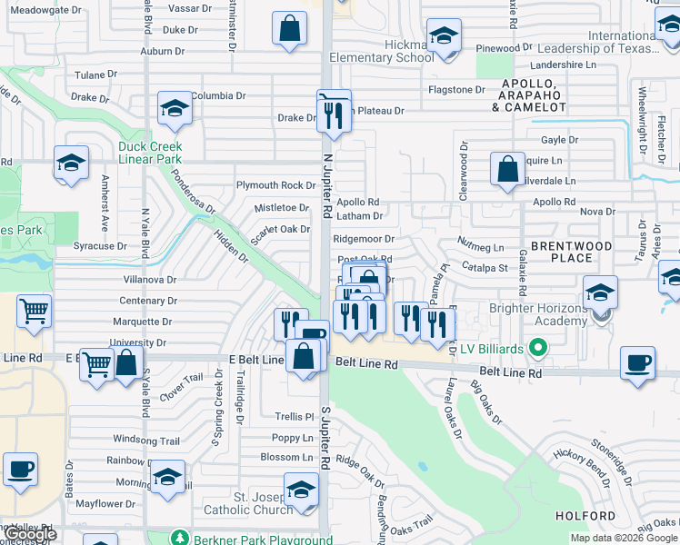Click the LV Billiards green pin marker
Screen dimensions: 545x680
(x=538, y=348)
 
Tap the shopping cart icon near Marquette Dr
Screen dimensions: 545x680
(x=34, y=312)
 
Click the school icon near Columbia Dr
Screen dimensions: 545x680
(x=174, y=108)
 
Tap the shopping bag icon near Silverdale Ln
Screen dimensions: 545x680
(x=507, y=168)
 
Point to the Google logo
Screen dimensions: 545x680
(x=30, y=534)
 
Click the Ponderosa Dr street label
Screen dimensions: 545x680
(x=193, y=193)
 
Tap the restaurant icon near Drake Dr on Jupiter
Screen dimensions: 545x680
(x=333, y=114)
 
